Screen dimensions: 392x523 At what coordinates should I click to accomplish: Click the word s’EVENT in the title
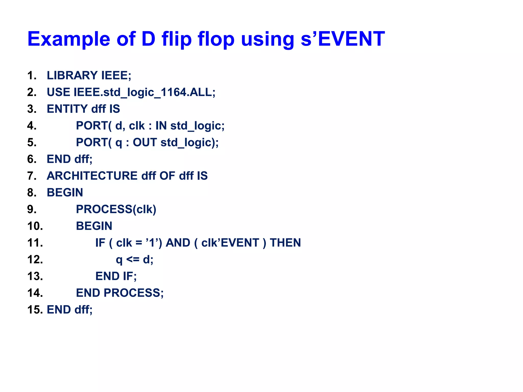pos(342,39)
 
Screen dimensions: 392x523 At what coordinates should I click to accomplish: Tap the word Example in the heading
pos(69,39)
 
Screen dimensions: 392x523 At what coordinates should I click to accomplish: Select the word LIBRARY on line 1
pos(72,76)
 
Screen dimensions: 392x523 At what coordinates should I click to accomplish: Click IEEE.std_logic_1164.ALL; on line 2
pos(145,92)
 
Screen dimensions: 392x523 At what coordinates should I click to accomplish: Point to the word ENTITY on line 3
pos(67,109)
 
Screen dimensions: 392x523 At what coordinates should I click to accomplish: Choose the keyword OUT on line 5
pos(145,142)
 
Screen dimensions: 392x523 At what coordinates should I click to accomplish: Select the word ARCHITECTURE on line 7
pos(92,176)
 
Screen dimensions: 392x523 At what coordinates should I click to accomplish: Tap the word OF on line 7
pos(167,176)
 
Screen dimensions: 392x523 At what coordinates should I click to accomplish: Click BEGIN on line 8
pos(65,193)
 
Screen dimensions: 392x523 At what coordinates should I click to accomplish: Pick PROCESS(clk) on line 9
pos(116,209)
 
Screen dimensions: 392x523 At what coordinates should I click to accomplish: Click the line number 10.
pos(35,226)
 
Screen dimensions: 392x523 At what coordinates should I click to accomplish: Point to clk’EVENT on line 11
pos(230,243)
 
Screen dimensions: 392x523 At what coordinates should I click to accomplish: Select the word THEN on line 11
pos(285,243)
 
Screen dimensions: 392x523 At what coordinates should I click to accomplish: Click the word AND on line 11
pos(178,243)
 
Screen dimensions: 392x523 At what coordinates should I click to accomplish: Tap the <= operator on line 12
pos(133,260)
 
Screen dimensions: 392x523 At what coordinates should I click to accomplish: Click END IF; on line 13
pos(116,276)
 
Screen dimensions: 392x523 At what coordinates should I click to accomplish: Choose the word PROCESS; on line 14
pos(134,293)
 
